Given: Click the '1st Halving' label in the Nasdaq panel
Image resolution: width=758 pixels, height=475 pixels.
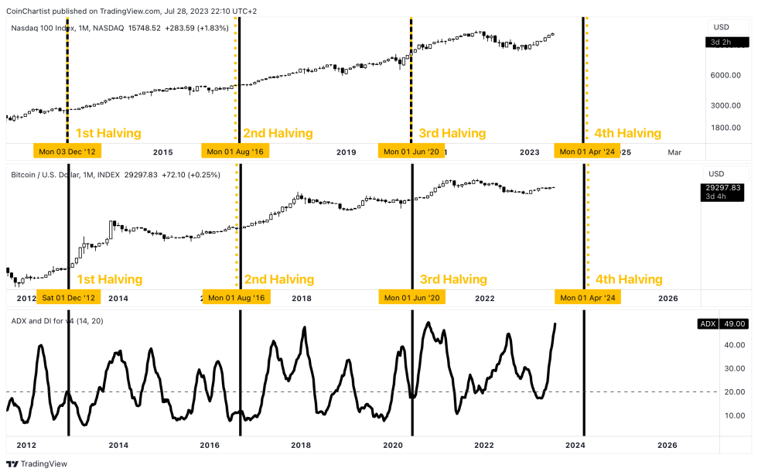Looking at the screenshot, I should pyautogui.click(x=108, y=133).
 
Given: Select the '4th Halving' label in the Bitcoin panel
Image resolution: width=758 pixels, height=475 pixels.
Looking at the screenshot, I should pyautogui.click(x=628, y=279).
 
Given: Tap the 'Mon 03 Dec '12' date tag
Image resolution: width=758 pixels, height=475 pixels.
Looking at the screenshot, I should pyautogui.click(x=68, y=152).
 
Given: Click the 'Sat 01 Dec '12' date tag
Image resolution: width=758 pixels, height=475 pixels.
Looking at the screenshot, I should pyautogui.click(x=69, y=298).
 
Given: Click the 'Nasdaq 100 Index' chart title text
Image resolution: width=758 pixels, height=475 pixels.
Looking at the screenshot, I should pyautogui.click(x=44, y=28).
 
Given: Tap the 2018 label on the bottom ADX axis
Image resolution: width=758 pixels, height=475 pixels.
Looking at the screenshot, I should pyautogui.click(x=301, y=445).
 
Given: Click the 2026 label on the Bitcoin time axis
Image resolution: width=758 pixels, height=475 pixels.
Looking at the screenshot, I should pyautogui.click(x=668, y=298).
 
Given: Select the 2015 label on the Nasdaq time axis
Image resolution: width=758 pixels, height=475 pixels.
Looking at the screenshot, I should pyautogui.click(x=163, y=152).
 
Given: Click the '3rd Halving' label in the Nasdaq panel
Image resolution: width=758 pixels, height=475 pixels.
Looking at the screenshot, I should pyautogui.click(x=452, y=133).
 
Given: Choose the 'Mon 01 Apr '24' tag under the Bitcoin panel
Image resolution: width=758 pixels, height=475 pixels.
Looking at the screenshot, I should pyautogui.click(x=587, y=298).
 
